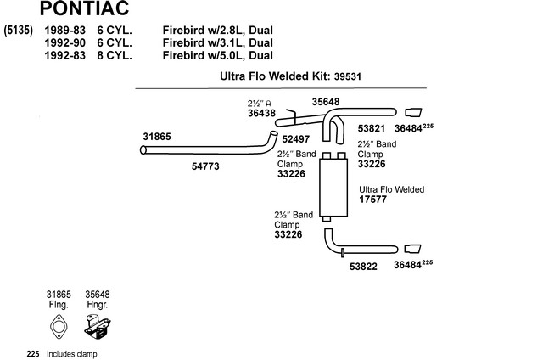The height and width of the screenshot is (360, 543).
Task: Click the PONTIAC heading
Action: click(x=84, y=8)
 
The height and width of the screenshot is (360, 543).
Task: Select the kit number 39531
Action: click(x=347, y=76)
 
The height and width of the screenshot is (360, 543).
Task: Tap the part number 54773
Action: click(x=205, y=166)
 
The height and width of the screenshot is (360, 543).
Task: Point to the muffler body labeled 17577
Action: click(x=333, y=187)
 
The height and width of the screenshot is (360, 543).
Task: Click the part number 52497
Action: click(x=295, y=139)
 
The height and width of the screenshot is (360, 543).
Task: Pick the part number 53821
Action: click(x=372, y=128)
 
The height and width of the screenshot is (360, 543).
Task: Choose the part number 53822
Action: click(x=363, y=267)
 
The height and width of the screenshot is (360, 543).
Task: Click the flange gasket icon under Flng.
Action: click(x=59, y=327)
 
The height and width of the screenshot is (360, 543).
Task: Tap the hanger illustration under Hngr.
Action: click(x=98, y=327)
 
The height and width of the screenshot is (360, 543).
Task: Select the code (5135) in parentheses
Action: click(x=19, y=31)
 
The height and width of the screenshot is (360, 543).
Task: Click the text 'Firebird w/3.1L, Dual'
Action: click(x=218, y=43)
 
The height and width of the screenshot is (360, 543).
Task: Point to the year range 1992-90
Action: click(x=64, y=43)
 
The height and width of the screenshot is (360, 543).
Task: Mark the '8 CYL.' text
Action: click(x=115, y=55)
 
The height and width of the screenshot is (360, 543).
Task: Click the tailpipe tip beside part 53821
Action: click(x=413, y=113)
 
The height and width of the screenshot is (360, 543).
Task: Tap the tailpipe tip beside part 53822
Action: click(x=413, y=249)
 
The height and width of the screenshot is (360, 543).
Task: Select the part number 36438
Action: click(x=261, y=113)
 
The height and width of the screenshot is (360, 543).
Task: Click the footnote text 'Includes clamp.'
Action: click(x=73, y=354)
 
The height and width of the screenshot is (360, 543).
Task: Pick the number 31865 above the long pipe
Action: click(x=157, y=137)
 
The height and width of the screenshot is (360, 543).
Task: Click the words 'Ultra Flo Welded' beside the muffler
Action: click(x=392, y=189)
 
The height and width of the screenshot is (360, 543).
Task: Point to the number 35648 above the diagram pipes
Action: click(x=326, y=102)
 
